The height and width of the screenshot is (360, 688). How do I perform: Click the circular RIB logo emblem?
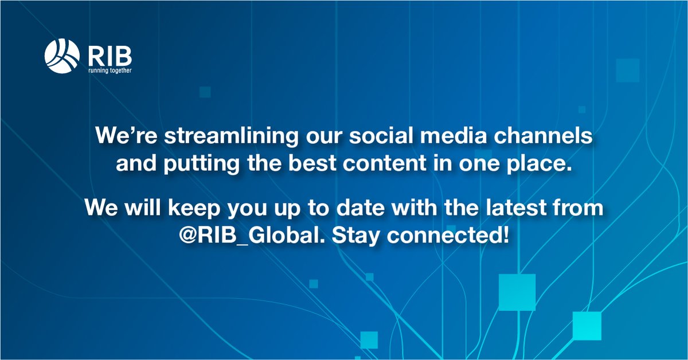pyautogui.click(x=62, y=57)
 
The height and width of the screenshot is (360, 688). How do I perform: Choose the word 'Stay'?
pyautogui.click(x=352, y=235)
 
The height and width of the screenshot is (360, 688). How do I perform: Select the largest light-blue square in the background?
pyautogui.click(x=517, y=292)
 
